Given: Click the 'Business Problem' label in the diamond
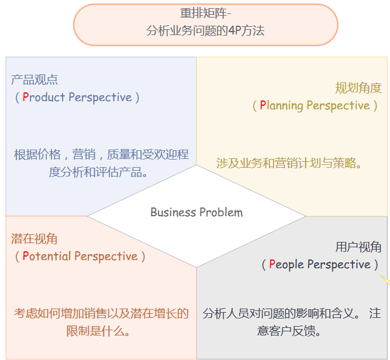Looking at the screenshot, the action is pos(196,212).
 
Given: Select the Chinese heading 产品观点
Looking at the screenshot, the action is pos(34,80).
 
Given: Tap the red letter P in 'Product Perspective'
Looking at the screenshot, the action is pos(26,98).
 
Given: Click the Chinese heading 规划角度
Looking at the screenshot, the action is pos(358,88).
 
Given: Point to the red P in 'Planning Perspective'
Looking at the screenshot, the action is pos(263,106).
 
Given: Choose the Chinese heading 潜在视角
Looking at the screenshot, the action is pos(34,239).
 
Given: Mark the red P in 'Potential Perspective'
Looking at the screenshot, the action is pos(26,257).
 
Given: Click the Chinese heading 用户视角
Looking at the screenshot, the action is pos(358,247).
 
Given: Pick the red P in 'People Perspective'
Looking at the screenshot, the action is pos(272,265).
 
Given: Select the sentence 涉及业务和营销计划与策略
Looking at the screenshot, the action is pos(289,163).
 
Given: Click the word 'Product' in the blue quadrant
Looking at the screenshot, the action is pos(44,98).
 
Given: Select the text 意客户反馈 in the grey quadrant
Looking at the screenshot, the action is pos(289,331).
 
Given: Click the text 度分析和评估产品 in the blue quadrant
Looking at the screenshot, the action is pos(98,172).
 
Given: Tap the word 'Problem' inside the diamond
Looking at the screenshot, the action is pos(222,212).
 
